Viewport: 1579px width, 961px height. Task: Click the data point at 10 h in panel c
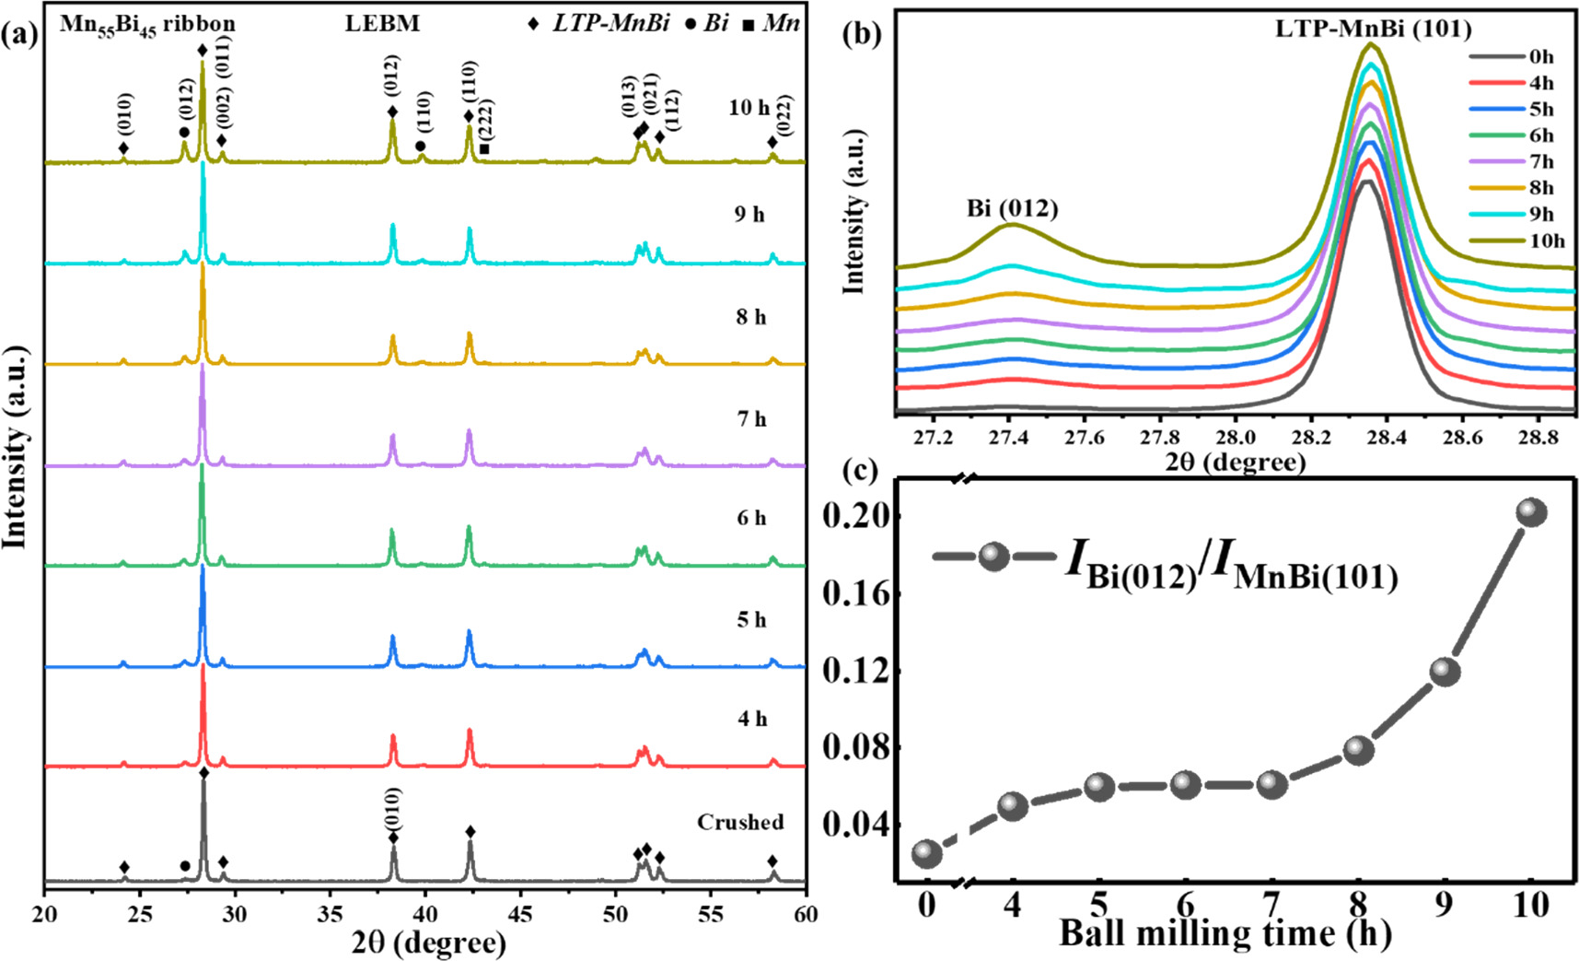1531,511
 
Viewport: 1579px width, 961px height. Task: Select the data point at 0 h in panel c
926,853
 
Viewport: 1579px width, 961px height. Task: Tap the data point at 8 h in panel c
1359,749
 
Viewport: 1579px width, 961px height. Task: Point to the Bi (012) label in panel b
1012,208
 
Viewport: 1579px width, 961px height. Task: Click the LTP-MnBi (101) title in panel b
1373,28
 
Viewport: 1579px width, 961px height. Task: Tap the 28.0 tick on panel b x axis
1236,436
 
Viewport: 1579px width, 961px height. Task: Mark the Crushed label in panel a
740,822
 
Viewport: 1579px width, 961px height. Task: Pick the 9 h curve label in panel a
749,215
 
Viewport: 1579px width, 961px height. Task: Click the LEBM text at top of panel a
382,23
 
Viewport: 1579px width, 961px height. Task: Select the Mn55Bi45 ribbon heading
147,24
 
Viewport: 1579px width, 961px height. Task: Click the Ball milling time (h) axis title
1225,933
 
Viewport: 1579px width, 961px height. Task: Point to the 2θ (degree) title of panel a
428,943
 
